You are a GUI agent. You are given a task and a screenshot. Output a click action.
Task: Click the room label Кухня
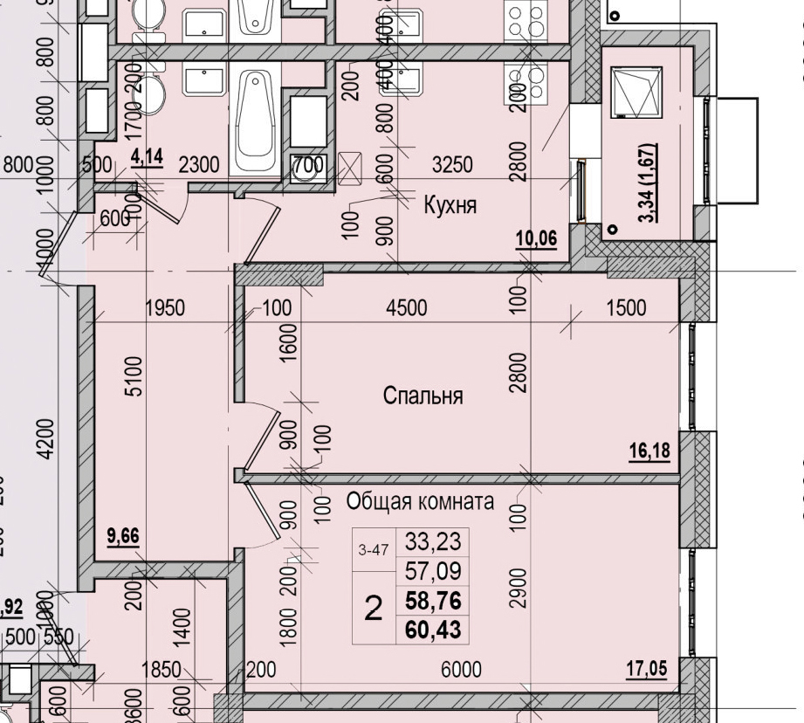(450, 205)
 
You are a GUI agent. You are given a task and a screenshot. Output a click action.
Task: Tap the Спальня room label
(423, 396)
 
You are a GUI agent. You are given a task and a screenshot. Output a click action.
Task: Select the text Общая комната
(420, 502)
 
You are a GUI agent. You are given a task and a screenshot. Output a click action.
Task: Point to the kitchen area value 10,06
(536, 239)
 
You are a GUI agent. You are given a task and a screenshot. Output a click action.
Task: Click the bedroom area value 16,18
(649, 451)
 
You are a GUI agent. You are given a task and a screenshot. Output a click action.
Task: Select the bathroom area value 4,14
(147, 157)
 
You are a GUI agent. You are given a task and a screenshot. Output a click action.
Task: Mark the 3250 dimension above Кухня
(453, 164)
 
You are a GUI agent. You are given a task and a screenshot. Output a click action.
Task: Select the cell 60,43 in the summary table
(432, 629)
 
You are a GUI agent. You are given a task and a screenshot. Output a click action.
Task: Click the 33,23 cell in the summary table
(432, 542)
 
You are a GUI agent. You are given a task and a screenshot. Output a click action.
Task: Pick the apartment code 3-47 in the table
(373, 550)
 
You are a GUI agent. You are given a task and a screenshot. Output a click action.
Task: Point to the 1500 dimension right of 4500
(625, 307)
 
